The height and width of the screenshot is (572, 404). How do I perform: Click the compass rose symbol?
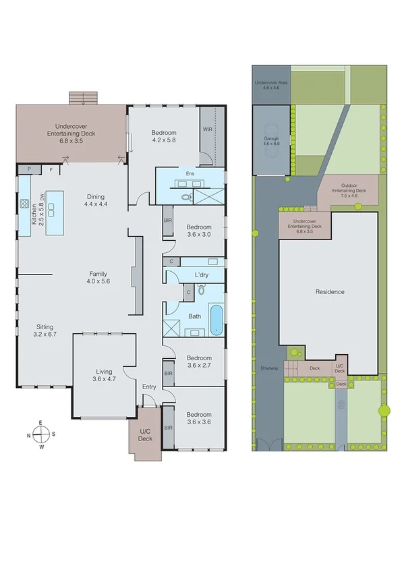[41, 434]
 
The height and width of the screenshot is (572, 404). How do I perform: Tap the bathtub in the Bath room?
[215, 320]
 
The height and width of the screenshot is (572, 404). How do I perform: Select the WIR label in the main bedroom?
[207, 130]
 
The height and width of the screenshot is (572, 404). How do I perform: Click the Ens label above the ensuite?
[190, 173]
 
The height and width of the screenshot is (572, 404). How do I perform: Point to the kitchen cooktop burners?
[24, 204]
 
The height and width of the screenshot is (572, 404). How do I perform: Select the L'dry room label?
[201, 275]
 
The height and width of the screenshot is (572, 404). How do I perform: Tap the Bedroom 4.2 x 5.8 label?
[163, 137]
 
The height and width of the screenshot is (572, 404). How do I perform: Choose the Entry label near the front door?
[149, 386]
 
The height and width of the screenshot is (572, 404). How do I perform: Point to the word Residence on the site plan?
[330, 292]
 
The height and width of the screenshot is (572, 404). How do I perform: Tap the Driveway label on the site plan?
[268, 369]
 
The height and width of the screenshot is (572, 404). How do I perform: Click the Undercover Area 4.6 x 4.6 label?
[270, 85]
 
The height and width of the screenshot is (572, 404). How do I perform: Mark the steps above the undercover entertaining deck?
[84, 98]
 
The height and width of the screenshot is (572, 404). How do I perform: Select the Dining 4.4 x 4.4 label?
[95, 200]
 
